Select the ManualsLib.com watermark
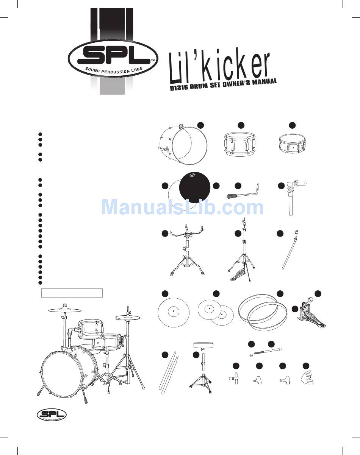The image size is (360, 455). tap(183, 207)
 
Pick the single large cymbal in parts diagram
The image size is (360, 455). tap(173, 312)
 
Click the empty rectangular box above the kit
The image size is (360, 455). tap(72, 293)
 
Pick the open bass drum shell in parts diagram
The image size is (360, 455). tap(183, 145)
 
